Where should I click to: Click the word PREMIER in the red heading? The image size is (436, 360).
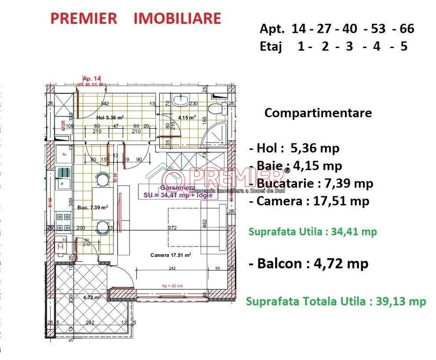pyautogui.click(x=83, y=17)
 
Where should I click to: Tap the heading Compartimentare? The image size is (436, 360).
pyautogui.click(x=318, y=113)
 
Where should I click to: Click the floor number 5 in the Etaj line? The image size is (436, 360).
pyautogui.click(x=403, y=46)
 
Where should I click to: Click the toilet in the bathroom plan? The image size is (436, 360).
pyautogui.click(x=218, y=108)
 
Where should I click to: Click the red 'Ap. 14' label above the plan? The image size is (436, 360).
pyautogui.click(x=89, y=78)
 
